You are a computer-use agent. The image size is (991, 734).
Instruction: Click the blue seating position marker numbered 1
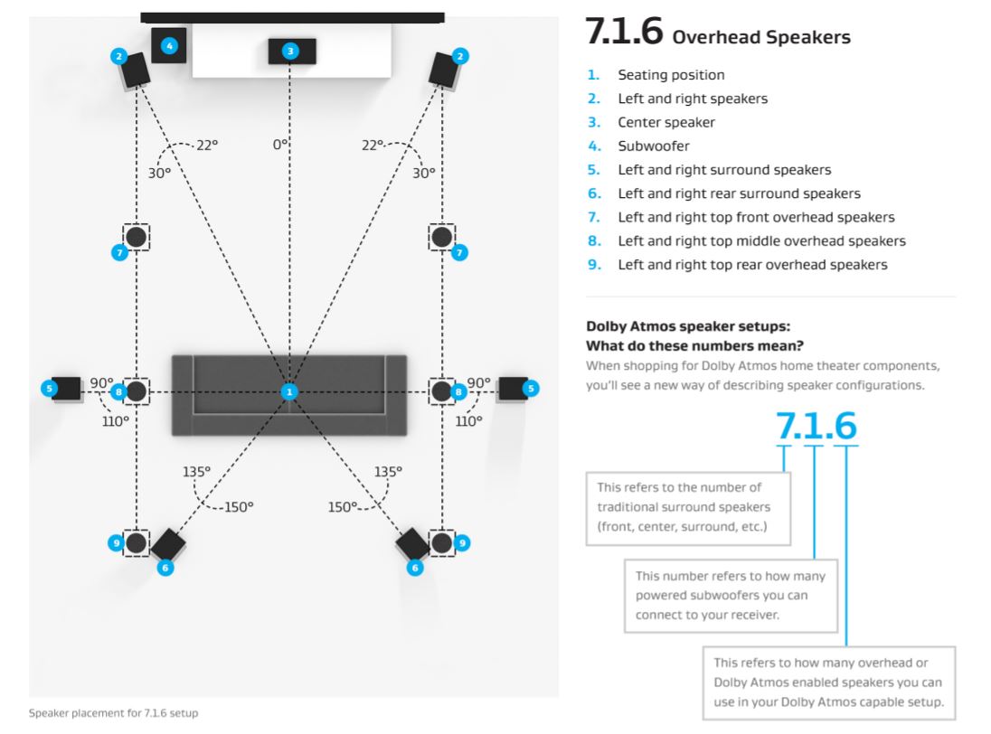pos(289,391)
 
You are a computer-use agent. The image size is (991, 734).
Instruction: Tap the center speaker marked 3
pos(292,52)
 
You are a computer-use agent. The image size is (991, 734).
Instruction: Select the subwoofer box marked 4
pos(169,45)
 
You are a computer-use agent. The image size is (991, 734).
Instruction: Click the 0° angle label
pos(280,145)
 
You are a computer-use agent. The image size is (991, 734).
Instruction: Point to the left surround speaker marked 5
pos(66,389)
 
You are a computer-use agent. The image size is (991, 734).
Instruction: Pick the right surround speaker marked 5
pos(513,389)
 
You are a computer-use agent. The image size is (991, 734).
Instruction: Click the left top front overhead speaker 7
pos(136,237)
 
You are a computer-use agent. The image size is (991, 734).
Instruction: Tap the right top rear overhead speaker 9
pos(442,542)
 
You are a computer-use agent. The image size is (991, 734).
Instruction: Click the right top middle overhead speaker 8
pos(442,391)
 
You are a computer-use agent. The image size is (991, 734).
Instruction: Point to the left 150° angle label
pos(239,506)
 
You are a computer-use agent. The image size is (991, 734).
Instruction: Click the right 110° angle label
pos(469,420)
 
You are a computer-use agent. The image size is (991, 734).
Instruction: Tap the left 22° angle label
pos(207,145)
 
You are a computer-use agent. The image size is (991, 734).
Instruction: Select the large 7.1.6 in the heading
pos(624,32)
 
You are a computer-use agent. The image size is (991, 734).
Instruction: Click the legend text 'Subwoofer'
pos(654,146)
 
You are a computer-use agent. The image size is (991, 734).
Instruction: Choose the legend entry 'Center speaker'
pos(666,123)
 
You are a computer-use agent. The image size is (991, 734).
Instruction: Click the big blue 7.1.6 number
pos(816,426)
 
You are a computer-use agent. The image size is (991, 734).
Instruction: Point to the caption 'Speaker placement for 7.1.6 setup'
pos(113,713)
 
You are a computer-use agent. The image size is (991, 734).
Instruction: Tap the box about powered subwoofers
pos(731,595)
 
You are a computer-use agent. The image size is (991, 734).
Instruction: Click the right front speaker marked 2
pos(444,71)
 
